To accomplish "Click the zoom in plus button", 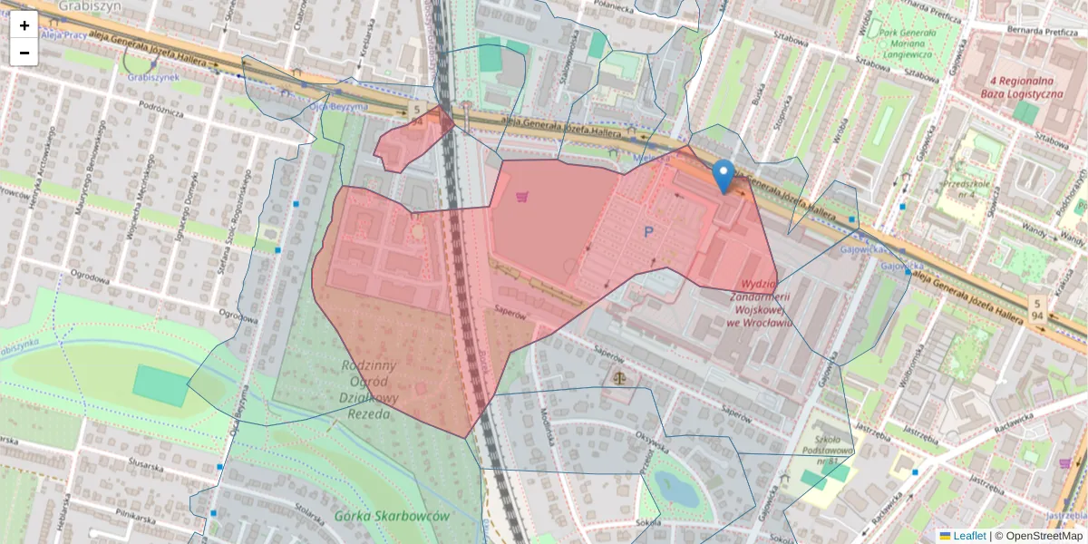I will tap(24, 24).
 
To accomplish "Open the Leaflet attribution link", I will tap(969, 536).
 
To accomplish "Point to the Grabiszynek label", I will tap(152, 78).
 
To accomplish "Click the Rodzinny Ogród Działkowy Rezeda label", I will tap(369, 390).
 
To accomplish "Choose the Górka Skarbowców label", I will tap(392, 516).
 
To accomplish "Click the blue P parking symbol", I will tap(648, 233).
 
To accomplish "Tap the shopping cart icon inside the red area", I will tap(522, 196).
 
